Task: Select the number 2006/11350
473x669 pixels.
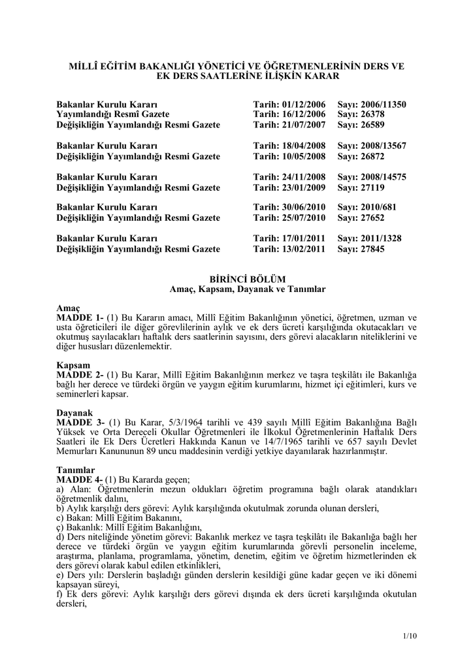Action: (383, 104)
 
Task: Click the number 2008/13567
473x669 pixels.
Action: (383, 146)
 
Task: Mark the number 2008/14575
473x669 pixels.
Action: (383, 177)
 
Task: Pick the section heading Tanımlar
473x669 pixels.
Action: (76, 470)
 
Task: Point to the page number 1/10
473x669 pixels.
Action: (410, 636)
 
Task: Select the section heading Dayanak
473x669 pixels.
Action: (74, 414)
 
